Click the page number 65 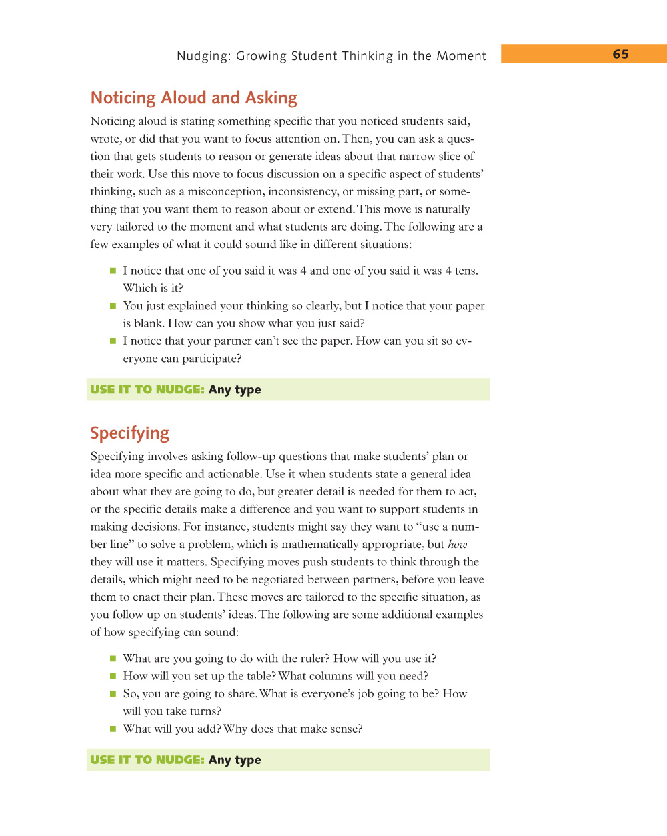(620, 54)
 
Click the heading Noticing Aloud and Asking (194, 98)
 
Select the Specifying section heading (130, 433)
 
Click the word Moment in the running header (461, 56)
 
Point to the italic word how (458, 544)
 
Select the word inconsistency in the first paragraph (303, 191)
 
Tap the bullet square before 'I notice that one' (113, 271)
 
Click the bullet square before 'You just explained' (113, 306)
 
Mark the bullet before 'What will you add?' (113, 729)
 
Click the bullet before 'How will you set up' (113, 676)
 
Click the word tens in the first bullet (465, 271)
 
